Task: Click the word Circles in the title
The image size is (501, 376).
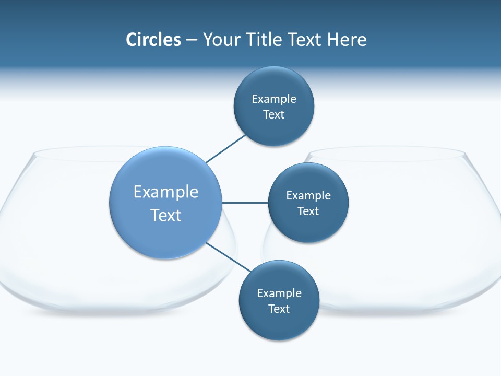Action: (153, 40)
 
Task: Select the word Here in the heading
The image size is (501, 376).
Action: (347, 40)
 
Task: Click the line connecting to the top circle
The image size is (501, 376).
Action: (225, 149)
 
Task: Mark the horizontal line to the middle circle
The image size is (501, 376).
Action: (245, 203)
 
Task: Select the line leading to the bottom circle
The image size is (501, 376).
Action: (229, 257)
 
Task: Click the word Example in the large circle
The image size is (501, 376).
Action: (166, 192)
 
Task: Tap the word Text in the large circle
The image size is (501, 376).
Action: (166, 215)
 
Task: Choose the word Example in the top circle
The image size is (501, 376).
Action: (274, 99)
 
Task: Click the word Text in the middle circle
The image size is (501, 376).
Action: (308, 211)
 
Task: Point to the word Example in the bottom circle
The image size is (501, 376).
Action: (279, 293)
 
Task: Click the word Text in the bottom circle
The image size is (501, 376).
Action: (279, 309)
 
